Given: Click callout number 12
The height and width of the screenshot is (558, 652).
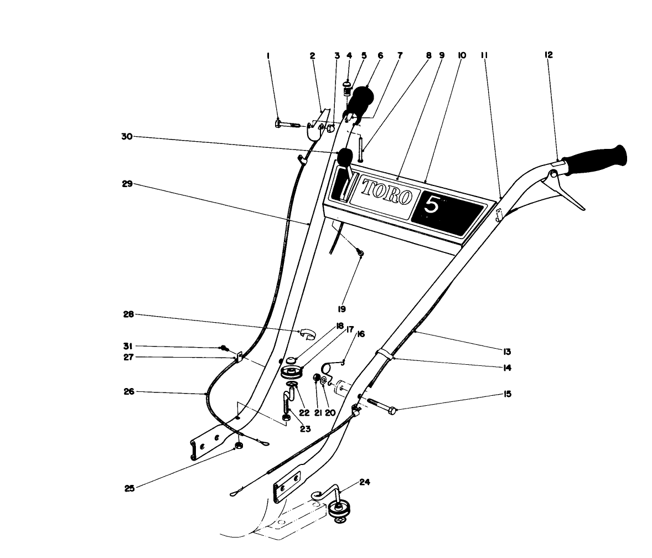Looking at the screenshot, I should [x=548, y=55].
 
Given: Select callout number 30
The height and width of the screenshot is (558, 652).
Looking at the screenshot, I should [x=127, y=137].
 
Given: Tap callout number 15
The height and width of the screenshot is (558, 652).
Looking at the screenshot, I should [x=508, y=394].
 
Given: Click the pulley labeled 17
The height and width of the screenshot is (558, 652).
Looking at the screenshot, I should [x=293, y=371].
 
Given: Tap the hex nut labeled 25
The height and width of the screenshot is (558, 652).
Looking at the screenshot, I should [x=240, y=446].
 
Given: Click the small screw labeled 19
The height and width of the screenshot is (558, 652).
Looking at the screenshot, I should [x=360, y=252].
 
